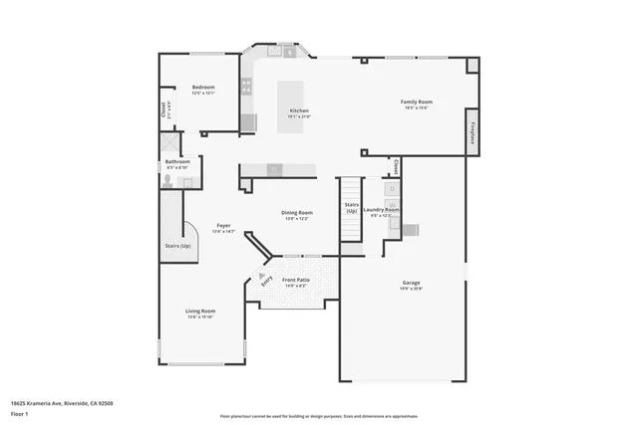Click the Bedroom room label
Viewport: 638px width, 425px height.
pyautogui.click(x=203, y=88)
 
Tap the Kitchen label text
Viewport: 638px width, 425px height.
pyautogui.click(x=299, y=110)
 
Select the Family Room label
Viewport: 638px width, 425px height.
pyautogui.click(x=416, y=102)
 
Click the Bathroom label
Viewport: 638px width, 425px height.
pyautogui.click(x=177, y=161)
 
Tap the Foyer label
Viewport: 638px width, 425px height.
pyautogui.click(x=223, y=226)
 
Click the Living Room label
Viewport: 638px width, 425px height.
pyautogui.click(x=200, y=312)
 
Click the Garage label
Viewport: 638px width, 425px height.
pyautogui.click(x=411, y=284)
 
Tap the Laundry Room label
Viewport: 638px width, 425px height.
pyautogui.click(x=381, y=210)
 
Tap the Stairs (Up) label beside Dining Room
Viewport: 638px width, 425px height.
pyautogui.click(x=351, y=207)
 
